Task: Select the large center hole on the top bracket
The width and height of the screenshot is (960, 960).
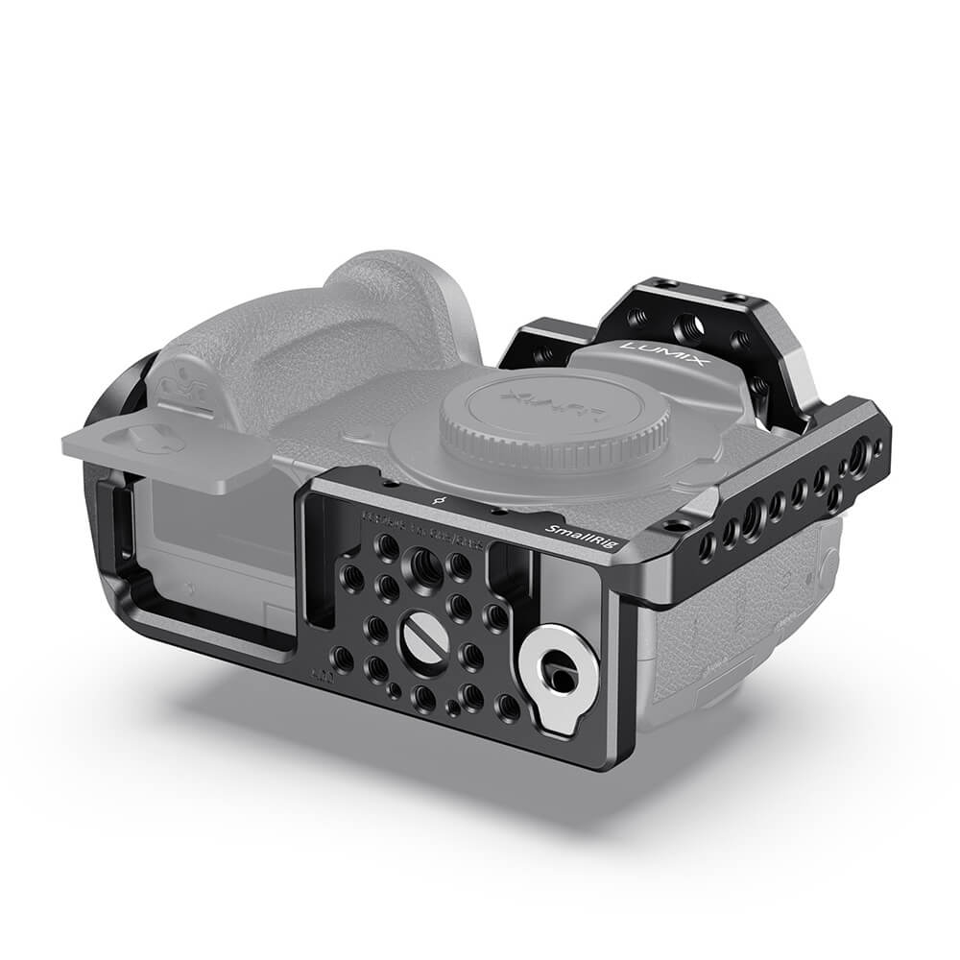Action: coord(689,326)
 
